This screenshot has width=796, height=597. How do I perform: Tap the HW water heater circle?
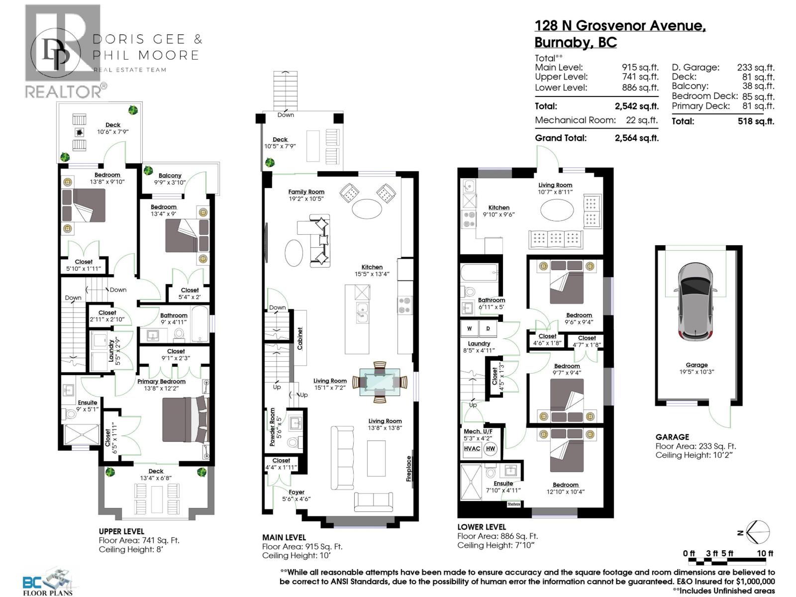tap(491, 448)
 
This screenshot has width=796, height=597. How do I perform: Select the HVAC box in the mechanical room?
tap(472, 448)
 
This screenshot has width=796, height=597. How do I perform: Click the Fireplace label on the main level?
tap(409, 469)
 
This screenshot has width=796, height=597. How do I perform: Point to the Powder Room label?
tap(272, 427)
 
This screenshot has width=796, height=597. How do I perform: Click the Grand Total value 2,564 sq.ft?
tap(636, 138)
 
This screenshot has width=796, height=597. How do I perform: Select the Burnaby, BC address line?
tap(576, 42)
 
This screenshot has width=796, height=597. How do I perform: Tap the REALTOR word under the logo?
tap(63, 92)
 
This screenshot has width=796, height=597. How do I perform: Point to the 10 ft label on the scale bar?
tap(765, 553)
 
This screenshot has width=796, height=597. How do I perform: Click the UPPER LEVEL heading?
tap(121, 531)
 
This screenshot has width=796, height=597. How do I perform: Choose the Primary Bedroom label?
tap(161, 382)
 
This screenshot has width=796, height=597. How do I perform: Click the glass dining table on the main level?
tap(380, 382)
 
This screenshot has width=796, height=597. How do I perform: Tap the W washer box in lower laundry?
tap(469, 328)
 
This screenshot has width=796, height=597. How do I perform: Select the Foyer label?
tap(297, 492)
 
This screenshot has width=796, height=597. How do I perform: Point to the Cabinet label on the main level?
tap(300, 338)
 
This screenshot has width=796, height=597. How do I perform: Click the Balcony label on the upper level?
tap(170, 176)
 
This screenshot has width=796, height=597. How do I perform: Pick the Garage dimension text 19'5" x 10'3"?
tap(696, 372)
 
